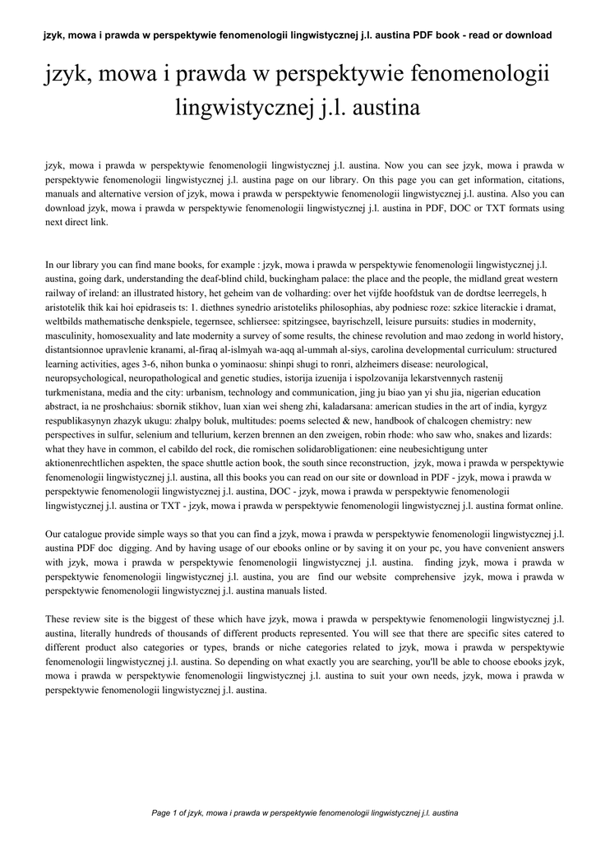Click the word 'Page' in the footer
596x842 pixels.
coord(161,813)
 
